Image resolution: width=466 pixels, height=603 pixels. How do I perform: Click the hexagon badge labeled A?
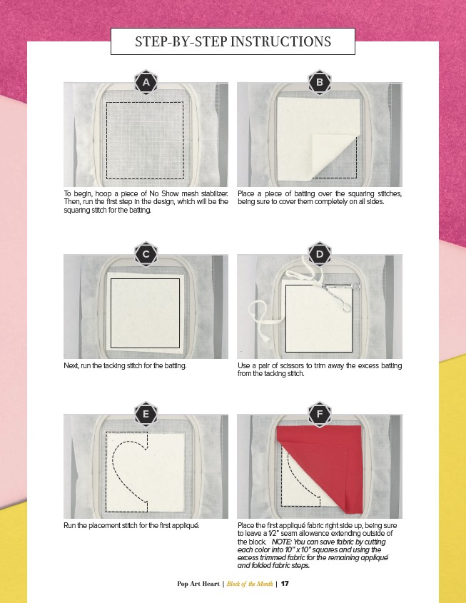tap(146, 82)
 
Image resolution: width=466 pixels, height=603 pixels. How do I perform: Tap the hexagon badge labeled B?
tap(320, 82)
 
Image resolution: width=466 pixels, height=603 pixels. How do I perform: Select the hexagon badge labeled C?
tap(146, 254)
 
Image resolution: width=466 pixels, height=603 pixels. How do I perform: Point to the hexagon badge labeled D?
tap(320, 254)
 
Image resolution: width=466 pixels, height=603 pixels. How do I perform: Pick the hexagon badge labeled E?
tap(146, 414)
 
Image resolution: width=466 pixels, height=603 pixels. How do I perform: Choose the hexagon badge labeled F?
tap(320, 414)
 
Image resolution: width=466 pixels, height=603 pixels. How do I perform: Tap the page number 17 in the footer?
tap(285, 584)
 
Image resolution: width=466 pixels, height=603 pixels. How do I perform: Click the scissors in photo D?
tap(338, 294)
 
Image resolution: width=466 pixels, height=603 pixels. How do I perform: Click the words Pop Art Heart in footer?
tap(198, 584)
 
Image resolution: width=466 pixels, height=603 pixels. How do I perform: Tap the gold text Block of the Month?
tap(250, 584)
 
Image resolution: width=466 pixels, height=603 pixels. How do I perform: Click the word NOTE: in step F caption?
tap(282, 542)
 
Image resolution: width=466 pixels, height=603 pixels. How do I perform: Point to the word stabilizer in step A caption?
tap(214, 193)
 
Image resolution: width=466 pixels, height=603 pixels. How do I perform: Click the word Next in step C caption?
tap(71, 365)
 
